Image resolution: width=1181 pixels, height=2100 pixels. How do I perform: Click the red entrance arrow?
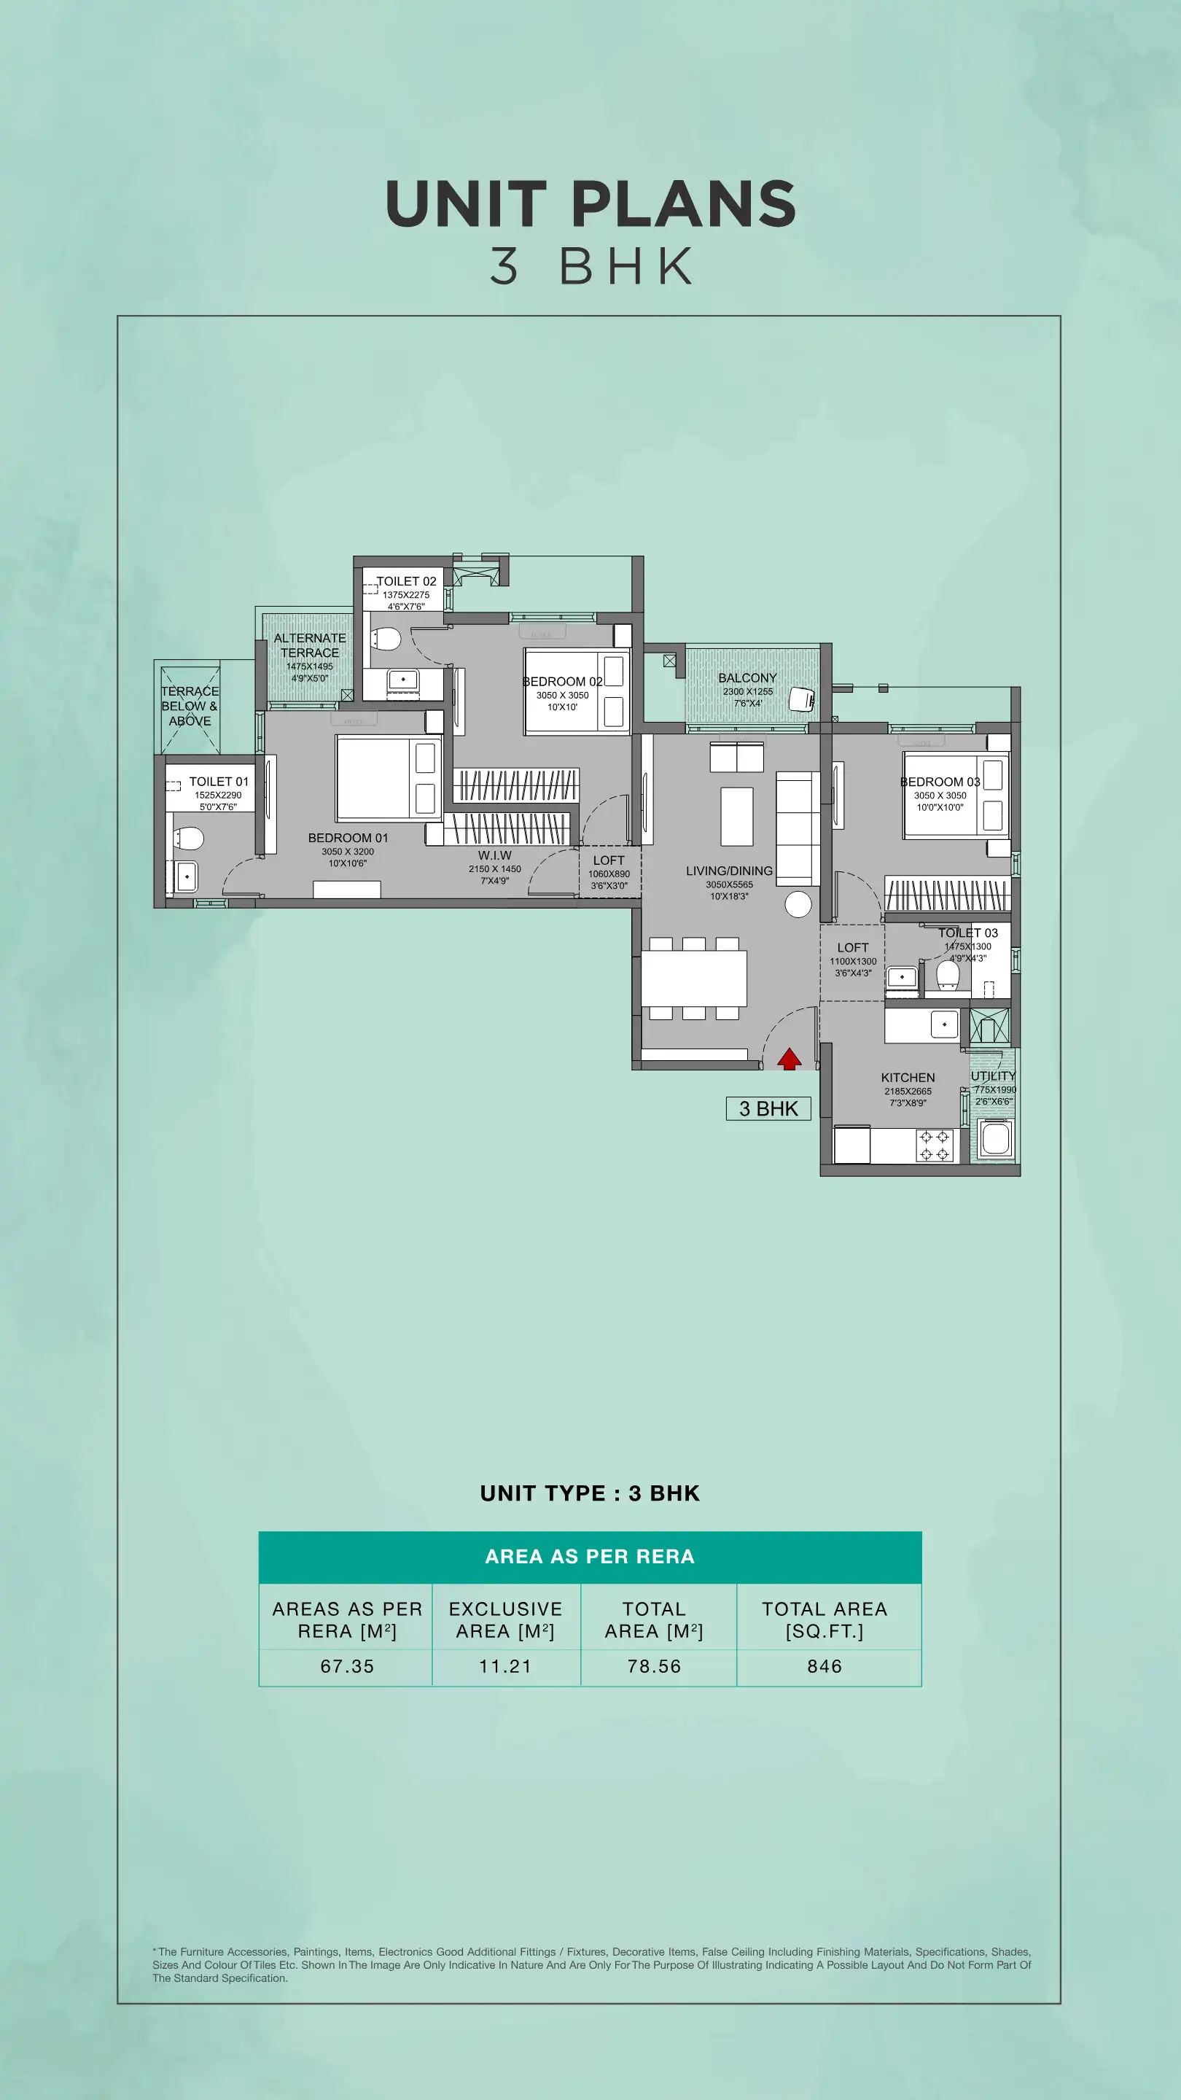[789, 1058]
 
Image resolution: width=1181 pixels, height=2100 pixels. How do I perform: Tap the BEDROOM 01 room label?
[348, 838]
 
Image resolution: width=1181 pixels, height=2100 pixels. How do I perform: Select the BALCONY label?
[747, 677]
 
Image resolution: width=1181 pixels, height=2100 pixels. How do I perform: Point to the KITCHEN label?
[908, 1078]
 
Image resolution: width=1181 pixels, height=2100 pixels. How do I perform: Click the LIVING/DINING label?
[730, 871]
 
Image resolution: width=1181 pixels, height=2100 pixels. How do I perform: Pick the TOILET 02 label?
[406, 581]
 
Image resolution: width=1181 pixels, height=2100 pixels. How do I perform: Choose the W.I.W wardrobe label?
[495, 855]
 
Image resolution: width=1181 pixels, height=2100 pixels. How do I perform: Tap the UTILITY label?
[993, 1076]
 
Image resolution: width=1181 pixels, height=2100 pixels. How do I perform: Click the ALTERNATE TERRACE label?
[310, 645]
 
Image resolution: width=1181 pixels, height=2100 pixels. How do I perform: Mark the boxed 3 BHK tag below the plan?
[768, 1108]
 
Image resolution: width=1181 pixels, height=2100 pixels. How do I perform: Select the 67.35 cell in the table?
[347, 1666]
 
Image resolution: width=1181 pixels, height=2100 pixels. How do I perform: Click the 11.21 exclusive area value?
[505, 1666]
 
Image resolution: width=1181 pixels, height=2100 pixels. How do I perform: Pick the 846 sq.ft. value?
[825, 1666]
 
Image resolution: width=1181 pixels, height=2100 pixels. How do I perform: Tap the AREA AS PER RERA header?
[590, 1556]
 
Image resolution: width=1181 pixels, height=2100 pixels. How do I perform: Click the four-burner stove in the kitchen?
[935, 1145]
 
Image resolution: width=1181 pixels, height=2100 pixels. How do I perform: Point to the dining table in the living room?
[693, 979]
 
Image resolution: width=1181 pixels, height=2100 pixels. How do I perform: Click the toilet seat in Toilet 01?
[189, 838]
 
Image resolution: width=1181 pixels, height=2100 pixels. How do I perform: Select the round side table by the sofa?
[798, 903]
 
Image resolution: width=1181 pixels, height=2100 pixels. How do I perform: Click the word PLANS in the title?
[684, 204]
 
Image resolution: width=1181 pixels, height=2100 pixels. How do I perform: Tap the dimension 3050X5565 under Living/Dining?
[730, 884]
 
